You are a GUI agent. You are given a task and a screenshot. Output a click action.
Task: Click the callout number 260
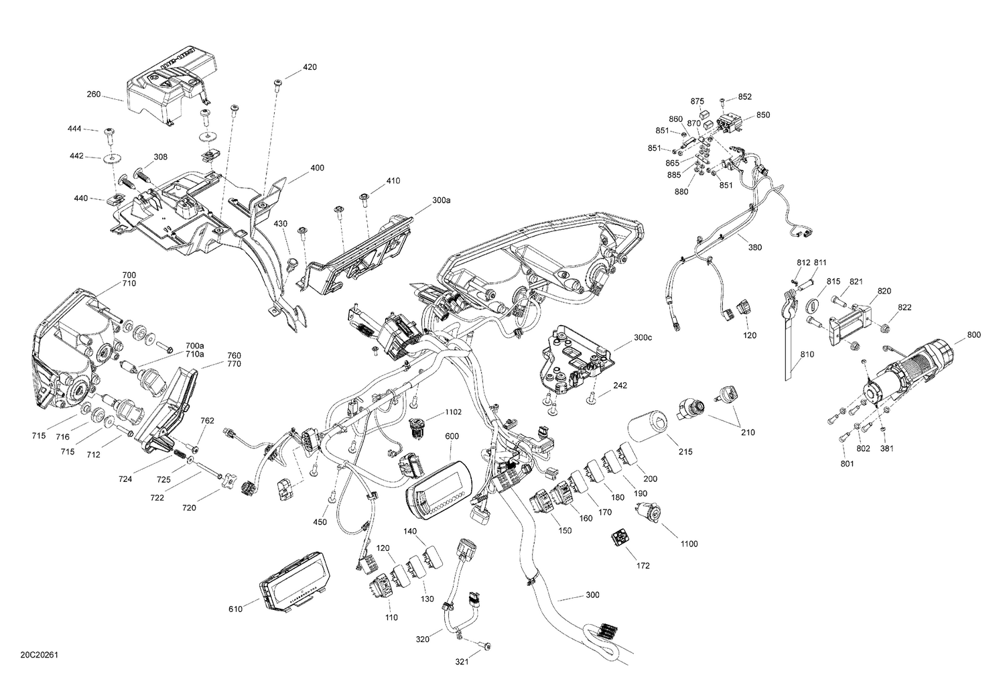(x=93, y=95)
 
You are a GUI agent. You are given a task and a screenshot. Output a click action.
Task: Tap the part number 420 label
(x=310, y=67)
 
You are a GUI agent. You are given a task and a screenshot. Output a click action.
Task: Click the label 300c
(x=642, y=337)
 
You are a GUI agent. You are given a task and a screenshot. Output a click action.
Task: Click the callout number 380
(x=754, y=247)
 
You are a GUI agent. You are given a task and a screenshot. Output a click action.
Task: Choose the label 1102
(x=454, y=413)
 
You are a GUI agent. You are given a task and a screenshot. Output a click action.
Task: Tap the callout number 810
(x=807, y=354)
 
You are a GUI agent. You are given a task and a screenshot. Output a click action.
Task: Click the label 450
(x=320, y=522)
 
